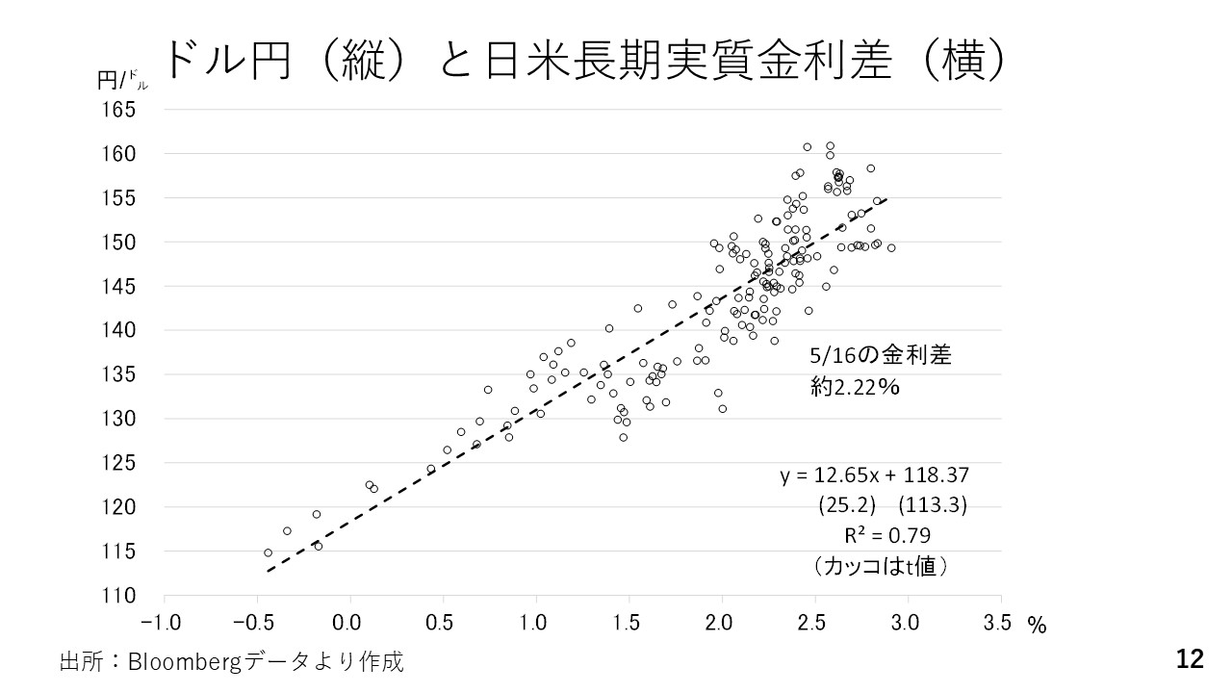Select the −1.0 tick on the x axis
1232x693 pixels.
pos(163,623)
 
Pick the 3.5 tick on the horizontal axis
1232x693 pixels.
pos(998,623)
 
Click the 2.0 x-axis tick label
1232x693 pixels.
pos(721,623)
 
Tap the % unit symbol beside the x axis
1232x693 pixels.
pos(1037,626)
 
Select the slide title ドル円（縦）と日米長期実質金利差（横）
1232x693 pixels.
pos(585,60)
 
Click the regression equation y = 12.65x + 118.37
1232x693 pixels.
pos(874,475)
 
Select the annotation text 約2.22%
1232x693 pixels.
pos(855,387)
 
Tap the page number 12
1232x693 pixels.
pos(1190,659)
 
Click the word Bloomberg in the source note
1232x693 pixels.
pos(171,661)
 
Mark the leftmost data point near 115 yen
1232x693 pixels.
pos(268,552)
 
